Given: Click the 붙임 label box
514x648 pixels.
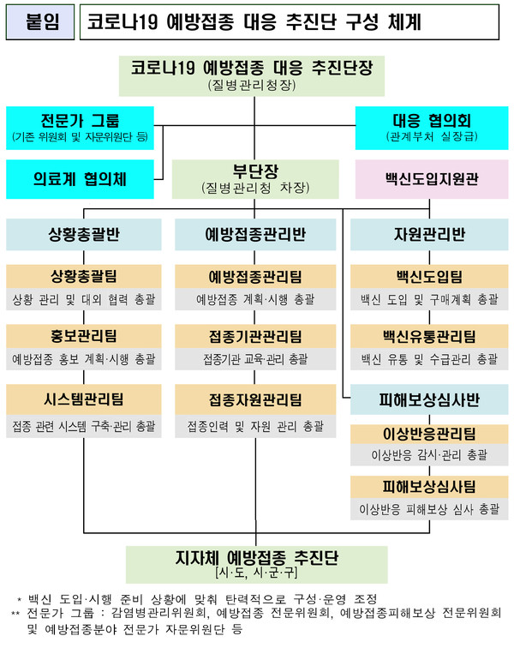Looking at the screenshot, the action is click(x=40, y=22).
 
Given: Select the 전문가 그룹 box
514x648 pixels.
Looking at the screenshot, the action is click(x=81, y=128).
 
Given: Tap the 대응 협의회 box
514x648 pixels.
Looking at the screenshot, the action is click(x=432, y=128).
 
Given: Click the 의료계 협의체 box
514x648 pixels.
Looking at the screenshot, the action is click(x=81, y=179).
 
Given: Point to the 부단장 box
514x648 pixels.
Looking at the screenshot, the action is click(x=255, y=179).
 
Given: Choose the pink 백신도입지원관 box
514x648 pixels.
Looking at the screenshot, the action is click(x=432, y=179).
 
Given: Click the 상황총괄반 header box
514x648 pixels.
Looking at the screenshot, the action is click(x=83, y=234).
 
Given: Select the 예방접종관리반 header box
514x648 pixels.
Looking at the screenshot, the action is click(x=255, y=234).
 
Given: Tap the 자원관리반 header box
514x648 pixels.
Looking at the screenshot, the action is click(x=429, y=234).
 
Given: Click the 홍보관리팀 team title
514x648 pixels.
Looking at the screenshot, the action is click(x=83, y=336).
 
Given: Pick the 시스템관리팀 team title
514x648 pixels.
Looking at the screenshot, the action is click(x=83, y=399).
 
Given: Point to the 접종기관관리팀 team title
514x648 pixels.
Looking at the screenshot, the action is click(x=255, y=336).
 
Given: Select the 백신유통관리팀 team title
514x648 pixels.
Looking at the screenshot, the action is click(x=429, y=336).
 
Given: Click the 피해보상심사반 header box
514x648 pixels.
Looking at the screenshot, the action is click(x=429, y=399).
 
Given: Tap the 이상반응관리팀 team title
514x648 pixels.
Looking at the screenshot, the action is click(x=429, y=434).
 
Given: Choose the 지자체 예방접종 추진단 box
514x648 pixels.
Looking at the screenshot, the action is click(x=257, y=565).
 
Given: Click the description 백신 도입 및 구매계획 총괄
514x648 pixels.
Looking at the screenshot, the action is click(x=429, y=299).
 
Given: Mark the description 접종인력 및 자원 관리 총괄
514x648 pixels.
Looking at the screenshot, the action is click(x=255, y=426).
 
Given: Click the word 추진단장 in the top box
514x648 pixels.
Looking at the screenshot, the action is click(x=343, y=68).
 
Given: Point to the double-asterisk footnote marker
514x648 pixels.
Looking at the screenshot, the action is click(x=15, y=614).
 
